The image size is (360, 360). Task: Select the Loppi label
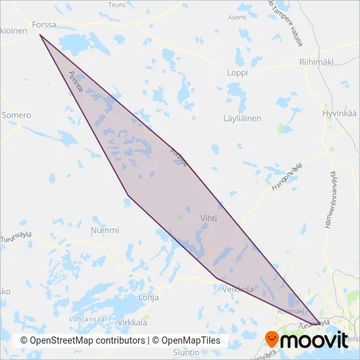click(x=237, y=73)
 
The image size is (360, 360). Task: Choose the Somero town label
click(x=16, y=115)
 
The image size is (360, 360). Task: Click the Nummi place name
click(x=105, y=230)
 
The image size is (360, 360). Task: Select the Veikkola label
click(x=237, y=289)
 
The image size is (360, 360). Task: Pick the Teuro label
click(x=116, y=5)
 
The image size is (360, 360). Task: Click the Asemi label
click(x=237, y=18)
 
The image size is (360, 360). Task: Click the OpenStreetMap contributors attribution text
click(x=83, y=341)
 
